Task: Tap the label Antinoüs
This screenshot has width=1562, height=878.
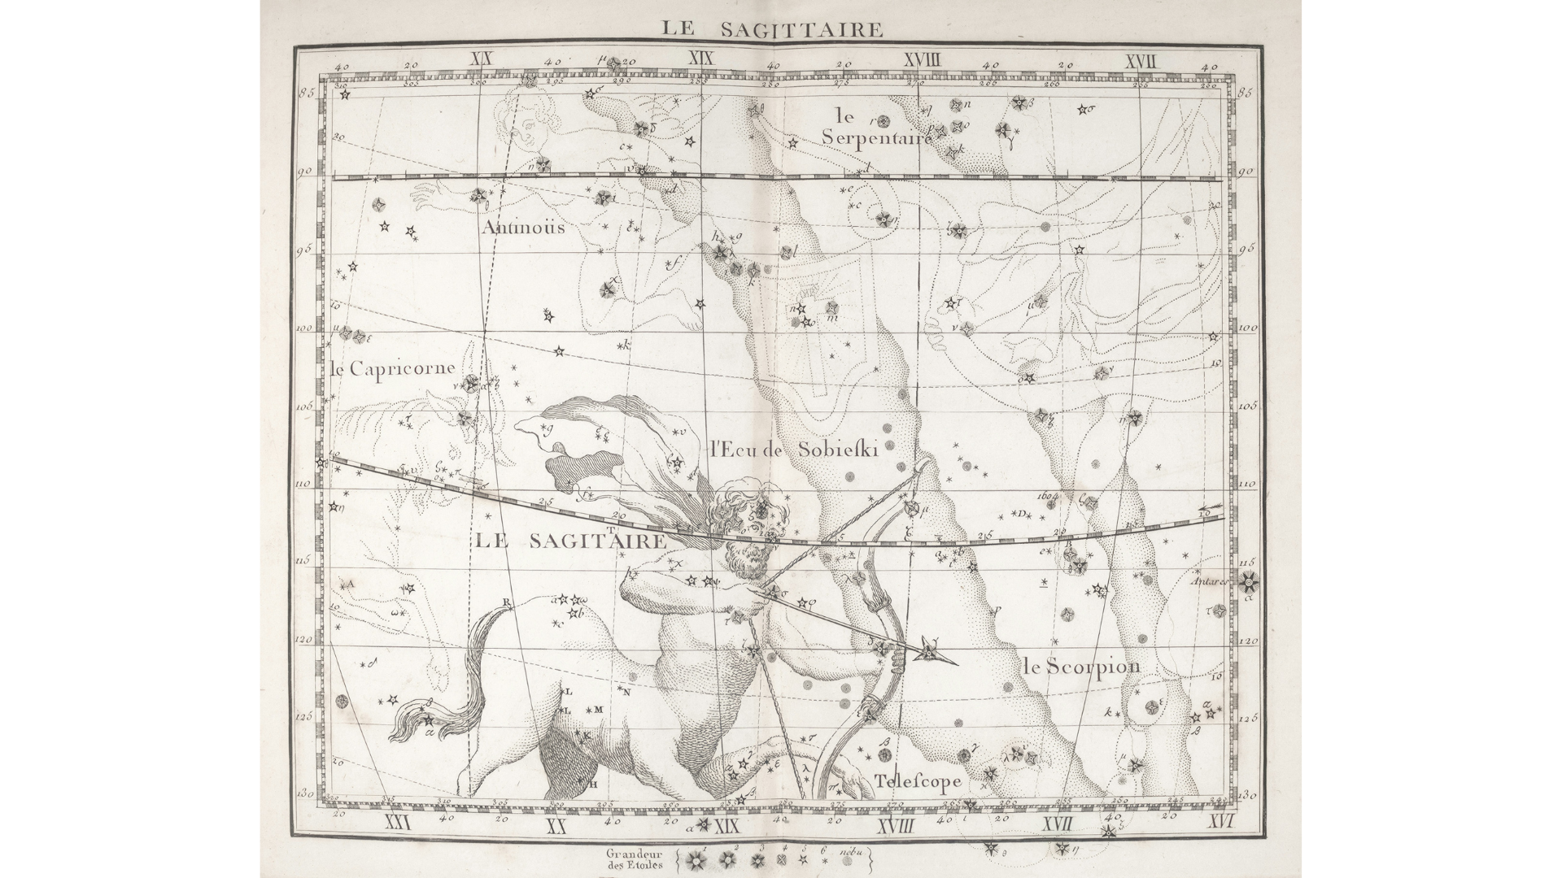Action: [x=522, y=227]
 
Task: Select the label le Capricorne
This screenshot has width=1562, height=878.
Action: [x=393, y=367]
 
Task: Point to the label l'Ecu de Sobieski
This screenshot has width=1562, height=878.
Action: [x=793, y=450]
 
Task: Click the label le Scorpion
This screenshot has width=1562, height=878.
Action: [x=1082, y=667]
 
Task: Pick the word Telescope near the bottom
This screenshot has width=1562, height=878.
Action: [x=918, y=781]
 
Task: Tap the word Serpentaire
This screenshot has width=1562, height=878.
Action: [x=875, y=137]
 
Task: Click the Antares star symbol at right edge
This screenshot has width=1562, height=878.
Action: [x=1249, y=581]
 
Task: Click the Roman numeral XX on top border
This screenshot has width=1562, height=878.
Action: [x=483, y=59]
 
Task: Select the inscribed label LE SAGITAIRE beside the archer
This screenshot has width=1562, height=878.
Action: [x=570, y=541]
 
